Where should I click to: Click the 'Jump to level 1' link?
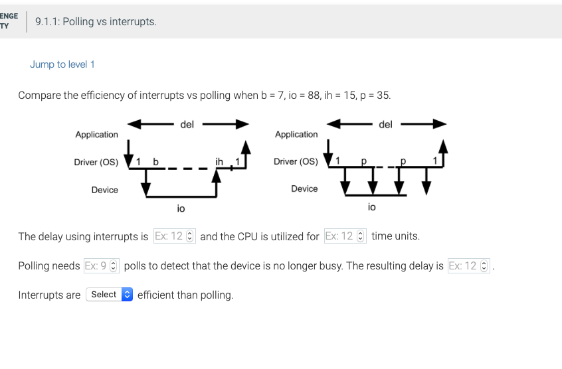(62, 64)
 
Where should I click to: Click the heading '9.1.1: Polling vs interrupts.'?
(96, 22)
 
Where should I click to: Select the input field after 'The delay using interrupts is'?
(174, 236)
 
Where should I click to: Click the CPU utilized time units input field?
(345, 236)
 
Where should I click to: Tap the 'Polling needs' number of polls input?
(102, 266)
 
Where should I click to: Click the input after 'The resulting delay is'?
(468, 266)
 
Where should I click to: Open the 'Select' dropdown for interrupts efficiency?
(110, 295)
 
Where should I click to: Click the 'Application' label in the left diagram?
(96, 135)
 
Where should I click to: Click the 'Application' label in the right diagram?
(296, 135)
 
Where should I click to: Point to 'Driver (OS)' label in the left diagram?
(96, 162)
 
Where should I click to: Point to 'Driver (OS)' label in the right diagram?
(296, 162)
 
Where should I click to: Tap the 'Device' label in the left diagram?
(104, 190)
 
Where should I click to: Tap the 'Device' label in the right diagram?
(304, 189)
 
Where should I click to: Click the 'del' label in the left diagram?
(187, 123)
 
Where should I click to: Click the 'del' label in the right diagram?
(385, 123)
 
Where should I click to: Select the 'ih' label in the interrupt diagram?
(219, 161)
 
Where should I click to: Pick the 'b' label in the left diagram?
(156, 161)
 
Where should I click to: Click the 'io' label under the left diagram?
(181, 208)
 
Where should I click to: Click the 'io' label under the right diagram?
(371, 207)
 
